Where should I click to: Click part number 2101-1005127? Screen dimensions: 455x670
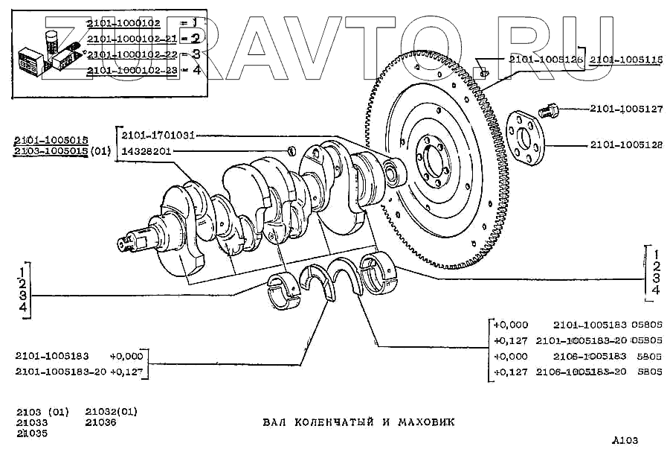626,109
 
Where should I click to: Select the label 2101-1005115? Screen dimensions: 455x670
626,60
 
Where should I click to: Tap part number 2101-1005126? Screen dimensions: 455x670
546,60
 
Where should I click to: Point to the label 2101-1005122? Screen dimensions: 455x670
626,145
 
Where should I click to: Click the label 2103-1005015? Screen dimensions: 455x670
51,151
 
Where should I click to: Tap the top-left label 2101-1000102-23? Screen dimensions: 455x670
129,70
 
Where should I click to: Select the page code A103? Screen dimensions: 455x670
625,439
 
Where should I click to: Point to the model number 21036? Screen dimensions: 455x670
100,422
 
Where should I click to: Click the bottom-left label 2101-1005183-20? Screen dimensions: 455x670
60,371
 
